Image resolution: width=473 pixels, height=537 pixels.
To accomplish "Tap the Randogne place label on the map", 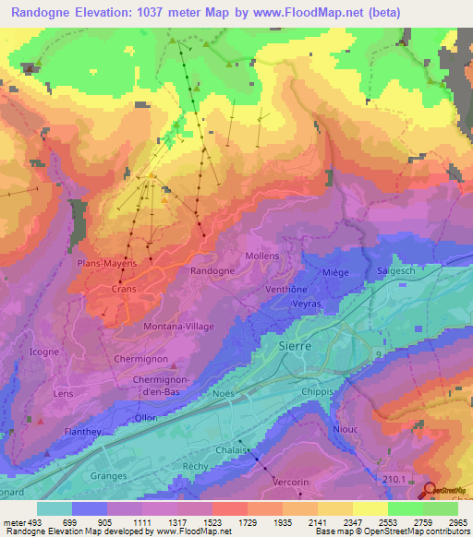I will [x=212, y=271].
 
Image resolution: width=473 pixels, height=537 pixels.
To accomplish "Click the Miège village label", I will [x=335, y=272].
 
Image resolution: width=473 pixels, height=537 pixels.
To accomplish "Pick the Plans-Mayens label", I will [x=107, y=263].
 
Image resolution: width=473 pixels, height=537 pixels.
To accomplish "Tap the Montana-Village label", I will [x=176, y=327].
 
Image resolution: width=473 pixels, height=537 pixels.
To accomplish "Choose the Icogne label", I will [x=44, y=352].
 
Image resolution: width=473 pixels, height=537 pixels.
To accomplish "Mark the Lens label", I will [x=63, y=394].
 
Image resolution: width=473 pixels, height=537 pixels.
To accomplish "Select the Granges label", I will [x=109, y=476].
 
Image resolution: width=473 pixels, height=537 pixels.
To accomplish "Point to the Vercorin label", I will [x=290, y=483].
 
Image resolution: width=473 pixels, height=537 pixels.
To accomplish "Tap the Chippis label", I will [x=317, y=391].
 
